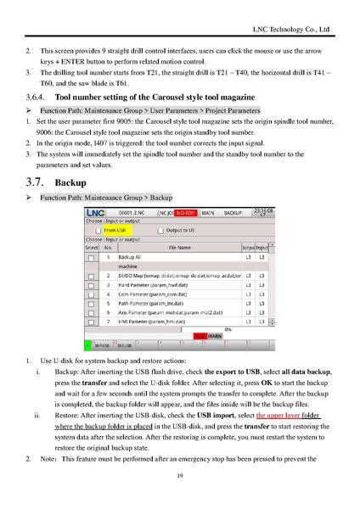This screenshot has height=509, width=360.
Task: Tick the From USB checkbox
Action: coord(98,230)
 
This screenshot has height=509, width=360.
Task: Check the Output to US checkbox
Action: coord(158,230)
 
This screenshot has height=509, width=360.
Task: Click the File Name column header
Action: coord(179,247)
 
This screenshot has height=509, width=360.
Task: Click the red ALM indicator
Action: coord(200,337)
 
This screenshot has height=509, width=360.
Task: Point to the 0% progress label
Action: coord(228,329)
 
